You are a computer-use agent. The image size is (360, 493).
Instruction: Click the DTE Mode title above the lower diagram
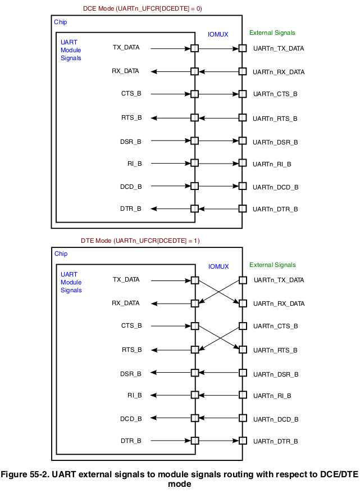(x=140, y=241)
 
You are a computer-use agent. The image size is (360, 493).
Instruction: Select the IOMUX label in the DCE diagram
(x=218, y=34)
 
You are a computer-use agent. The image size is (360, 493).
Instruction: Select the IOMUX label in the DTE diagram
(x=218, y=266)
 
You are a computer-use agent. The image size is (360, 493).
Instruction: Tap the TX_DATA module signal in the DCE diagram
(x=126, y=47)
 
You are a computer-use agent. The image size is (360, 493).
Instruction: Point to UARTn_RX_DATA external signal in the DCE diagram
(x=279, y=72)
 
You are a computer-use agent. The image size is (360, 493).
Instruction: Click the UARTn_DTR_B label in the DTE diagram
(x=275, y=441)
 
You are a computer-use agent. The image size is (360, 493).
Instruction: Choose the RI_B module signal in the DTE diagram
(x=134, y=396)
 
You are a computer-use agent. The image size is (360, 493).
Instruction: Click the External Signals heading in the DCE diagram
(x=272, y=33)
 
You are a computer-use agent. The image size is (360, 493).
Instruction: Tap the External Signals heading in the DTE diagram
(x=272, y=265)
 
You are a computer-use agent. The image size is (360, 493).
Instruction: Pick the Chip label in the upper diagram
(x=60, y=22)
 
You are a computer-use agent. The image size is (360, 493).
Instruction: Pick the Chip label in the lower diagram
(x=61, y=254)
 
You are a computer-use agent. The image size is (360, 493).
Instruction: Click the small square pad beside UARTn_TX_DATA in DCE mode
(x=243, y=48)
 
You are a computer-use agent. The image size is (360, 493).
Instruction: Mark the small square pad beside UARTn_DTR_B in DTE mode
(x=243, y=441)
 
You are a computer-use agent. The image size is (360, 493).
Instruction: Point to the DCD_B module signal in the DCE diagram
(x=131, y=186)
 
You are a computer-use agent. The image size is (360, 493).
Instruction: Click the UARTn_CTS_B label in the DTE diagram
(x=275, y=326)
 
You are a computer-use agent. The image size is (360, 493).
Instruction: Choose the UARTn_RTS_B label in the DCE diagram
(x=275, y=119)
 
